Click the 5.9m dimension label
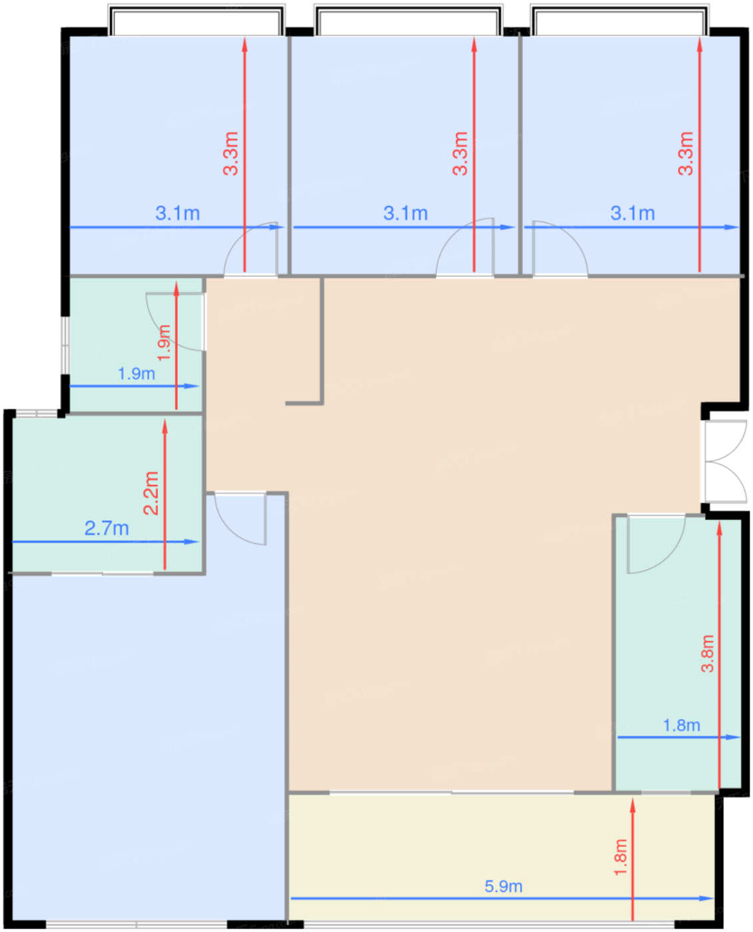click(x=503, y=886)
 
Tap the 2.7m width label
click(x=107, y=529)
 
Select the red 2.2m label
click(x=152, y=493)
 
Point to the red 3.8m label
click(x=707, y=653)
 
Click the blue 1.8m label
click(x=681, y=725)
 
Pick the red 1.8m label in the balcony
click(x=621, y=857)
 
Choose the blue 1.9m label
click(x=136, y=373)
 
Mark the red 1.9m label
click(x=164, y=342)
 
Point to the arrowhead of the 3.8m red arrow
click(x=719, y=529)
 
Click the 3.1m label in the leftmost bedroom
click(x=177, y=213)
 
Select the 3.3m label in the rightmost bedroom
click(x=686, y=153)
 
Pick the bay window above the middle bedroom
click(x=408, y=20)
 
